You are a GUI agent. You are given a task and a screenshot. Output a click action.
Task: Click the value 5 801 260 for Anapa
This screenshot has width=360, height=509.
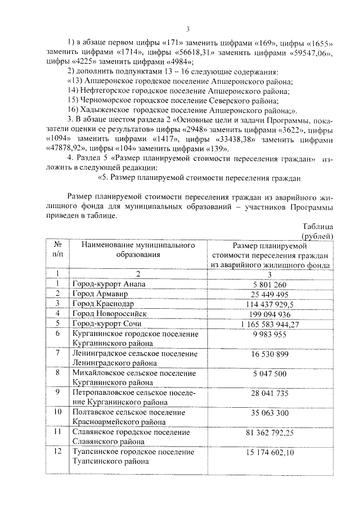[x=269, y=285]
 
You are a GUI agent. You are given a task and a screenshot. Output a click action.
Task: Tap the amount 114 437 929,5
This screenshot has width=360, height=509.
[x=269, y=304]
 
